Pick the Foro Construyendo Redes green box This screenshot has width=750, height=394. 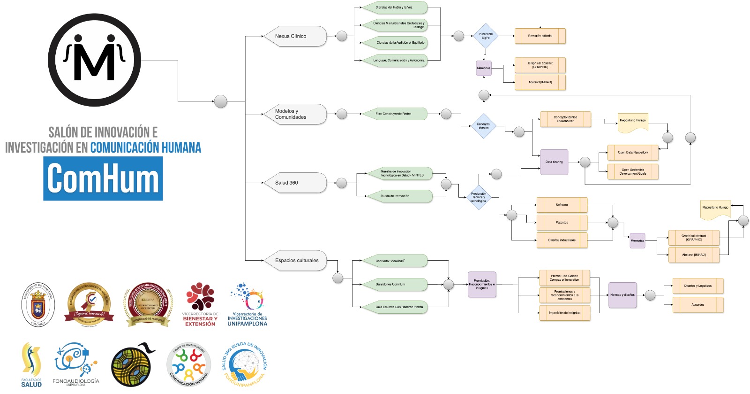[395, 114]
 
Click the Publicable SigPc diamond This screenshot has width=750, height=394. [486, 36]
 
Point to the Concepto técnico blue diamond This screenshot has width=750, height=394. [483, 126]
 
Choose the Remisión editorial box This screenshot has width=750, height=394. [540, 36]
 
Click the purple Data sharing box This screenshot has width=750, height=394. [554, 162]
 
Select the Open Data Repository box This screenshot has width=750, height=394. [633, 153]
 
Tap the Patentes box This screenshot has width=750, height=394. [562, 223]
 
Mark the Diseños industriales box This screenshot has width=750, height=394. [562, 240]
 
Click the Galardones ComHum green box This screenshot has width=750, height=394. [395, 284]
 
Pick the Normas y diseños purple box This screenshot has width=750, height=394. [622, 295]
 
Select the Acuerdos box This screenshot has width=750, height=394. [698, 305]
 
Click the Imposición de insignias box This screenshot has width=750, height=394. [564, 313]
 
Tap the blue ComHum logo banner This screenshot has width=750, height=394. [103, 178]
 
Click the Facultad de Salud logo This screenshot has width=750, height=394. [31, 365]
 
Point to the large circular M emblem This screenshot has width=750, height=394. [94, 60]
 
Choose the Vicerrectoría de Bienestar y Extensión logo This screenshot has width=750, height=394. [200, 304]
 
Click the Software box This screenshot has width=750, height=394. [562, 205]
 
